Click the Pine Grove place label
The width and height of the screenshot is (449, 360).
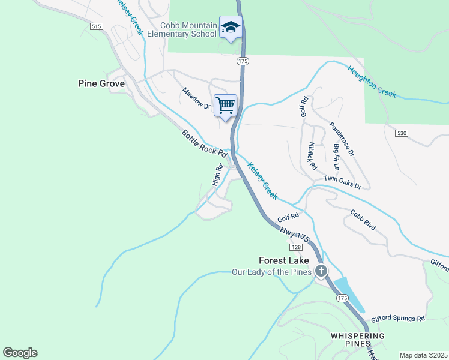(x=101, y=83)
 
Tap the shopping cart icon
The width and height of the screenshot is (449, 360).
(x=226, y=106)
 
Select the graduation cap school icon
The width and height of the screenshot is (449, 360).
(x=231, y=28)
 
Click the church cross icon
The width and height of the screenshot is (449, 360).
(x=321, y=272)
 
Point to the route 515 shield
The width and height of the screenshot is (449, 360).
(x=96, y=26)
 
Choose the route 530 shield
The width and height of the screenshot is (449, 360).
(x=402, y=132)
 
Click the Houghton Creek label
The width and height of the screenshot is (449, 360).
(x=372, y=81)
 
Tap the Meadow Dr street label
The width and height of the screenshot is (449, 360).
(x=197, y=98)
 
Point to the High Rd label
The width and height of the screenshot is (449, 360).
(x=217, y=174)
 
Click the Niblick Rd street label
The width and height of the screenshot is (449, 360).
(x=310, y=155)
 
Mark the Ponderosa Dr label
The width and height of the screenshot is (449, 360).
(x=341, y=139)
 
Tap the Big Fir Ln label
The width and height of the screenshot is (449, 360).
(x=336, y=157)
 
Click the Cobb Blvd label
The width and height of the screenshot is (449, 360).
(x=363, y=220)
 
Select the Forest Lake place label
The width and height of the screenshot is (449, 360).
(x=284, y=260)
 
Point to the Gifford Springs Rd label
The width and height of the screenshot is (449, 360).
(x=397, y=319)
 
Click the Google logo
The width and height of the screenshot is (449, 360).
(x=20, y=353)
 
